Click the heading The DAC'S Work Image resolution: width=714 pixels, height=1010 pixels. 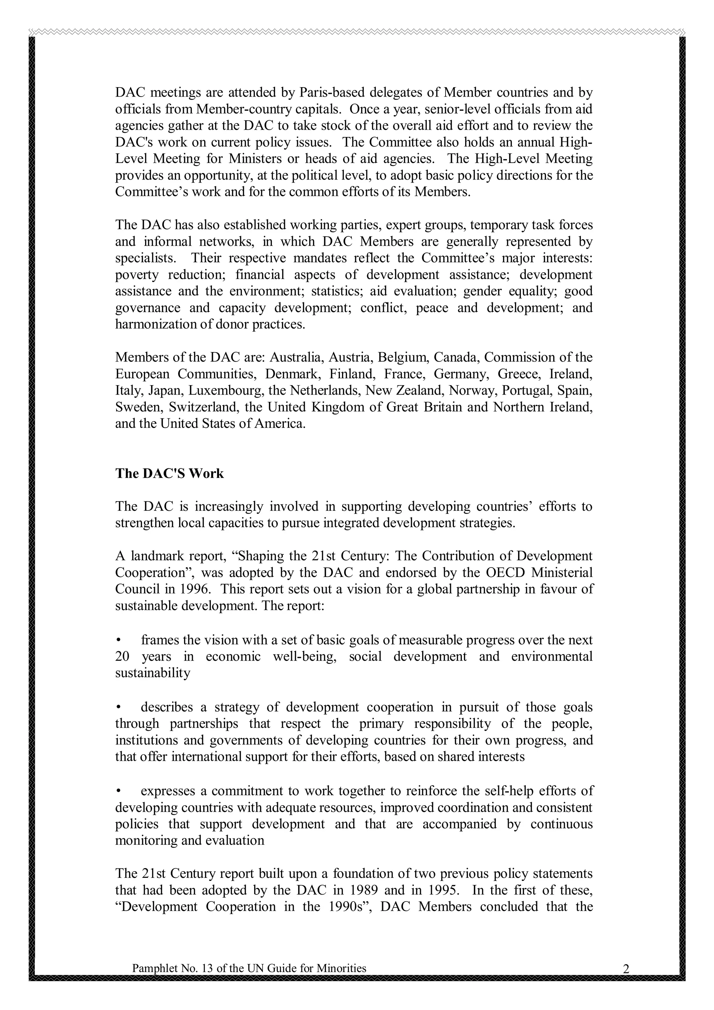coord(169,474)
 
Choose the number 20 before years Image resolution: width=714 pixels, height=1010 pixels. coord(123,657)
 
